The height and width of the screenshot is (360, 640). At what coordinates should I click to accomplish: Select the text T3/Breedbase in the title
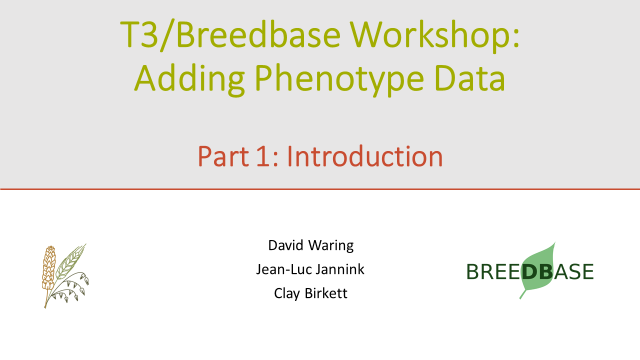click(x=230, y=35)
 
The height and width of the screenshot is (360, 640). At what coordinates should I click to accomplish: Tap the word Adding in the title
click(x=189, y=79)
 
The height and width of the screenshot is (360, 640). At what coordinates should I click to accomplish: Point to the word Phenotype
click(x=339, y=79)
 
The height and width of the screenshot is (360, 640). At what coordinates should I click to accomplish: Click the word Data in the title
click(x=470, y=77)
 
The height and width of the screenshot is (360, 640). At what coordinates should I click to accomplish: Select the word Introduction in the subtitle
click(x=364, y=156)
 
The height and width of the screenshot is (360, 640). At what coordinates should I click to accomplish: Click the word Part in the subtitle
click(x=223, y=156)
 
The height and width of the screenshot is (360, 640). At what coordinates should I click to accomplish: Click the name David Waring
click(x=311, y=245)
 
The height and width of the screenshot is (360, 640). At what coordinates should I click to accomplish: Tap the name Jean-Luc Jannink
click(x=310, y=269)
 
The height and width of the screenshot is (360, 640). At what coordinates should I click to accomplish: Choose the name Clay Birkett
click(x=310, y=293)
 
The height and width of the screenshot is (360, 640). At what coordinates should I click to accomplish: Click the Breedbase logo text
click(x=530, y=271)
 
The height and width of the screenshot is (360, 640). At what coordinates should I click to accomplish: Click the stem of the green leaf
click(x=523, y=294)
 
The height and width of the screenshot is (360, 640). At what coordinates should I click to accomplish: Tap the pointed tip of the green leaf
click(x=555, y=243)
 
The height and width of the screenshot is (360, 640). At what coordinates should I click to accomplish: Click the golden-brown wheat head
click(x=48, y=268)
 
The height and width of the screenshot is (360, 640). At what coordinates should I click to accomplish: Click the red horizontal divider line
click(x=320, y=189)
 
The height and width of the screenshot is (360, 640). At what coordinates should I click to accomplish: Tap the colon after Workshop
click(x=515, y=39)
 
